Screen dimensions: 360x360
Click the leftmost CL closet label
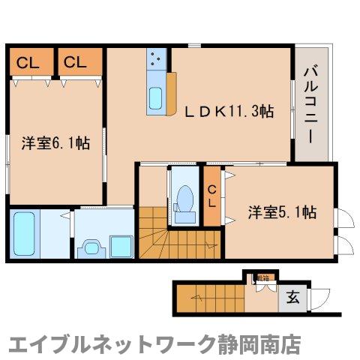point(30,62)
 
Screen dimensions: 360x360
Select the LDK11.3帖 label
point(229,111)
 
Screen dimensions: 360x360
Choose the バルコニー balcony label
point(310,104)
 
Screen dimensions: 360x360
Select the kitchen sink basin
point(157,97)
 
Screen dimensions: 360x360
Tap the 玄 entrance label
point(292,298)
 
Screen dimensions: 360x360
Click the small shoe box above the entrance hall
point(262,278)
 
